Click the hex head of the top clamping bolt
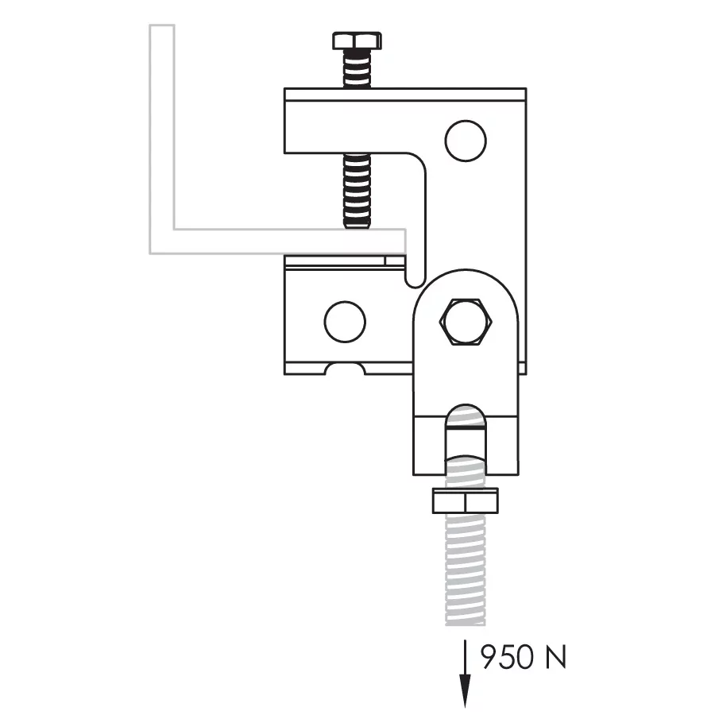357,41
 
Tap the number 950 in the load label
507,657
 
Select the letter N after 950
556,657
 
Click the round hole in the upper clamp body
466,141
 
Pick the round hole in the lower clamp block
345,322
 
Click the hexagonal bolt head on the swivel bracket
466,322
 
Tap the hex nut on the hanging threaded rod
465,500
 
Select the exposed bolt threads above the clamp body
357,68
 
